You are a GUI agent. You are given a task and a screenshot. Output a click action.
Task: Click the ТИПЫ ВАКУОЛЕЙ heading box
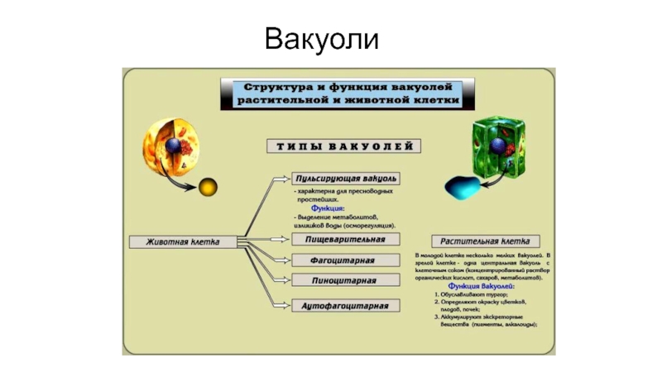pyautogui.click(x=342, y=146)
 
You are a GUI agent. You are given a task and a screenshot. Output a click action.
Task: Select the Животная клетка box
pyautogui.click(x=183, y=242)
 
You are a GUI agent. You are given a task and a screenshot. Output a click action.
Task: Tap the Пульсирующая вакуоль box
pyautogui.click(x=347, y=178)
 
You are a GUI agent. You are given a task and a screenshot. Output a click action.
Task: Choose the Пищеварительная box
pyautogui.click(x=346, y=239)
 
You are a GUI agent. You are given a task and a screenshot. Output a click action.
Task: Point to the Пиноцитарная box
pyautogui.click(x=346, y=282)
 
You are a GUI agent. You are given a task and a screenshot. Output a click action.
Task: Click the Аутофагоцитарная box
pyautogui.click(x=346, y=305)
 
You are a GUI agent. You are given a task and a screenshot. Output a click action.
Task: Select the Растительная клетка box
pyautogui.click(x=490, y=241)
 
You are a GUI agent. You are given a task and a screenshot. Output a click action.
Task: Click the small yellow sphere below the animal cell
pyautogui.click(x=208, y=186)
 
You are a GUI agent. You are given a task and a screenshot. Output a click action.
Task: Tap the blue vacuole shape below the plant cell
pyautogui.click(x=463, y=187)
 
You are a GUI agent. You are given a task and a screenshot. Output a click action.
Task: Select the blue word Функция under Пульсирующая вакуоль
pyautogui.click(x=329, y=208)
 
